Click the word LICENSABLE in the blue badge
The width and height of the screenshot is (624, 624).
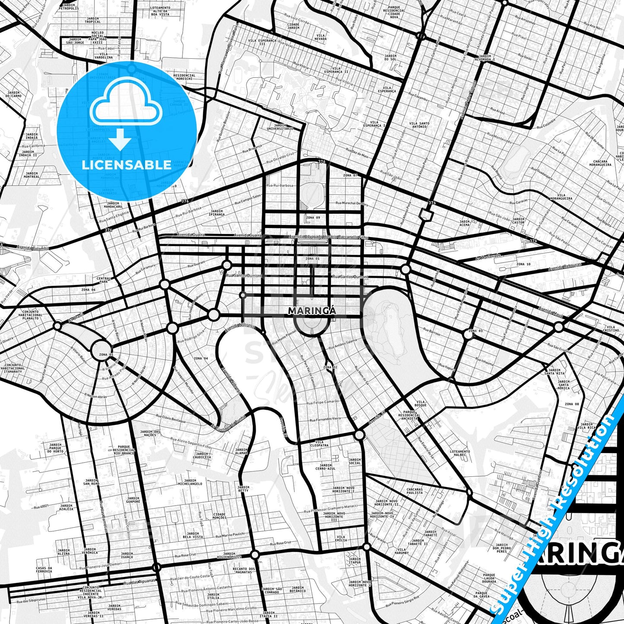(x=127, y=165)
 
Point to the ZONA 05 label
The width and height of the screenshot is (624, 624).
(x=106, y=355)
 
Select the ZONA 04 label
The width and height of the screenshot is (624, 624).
(x=200, y=358)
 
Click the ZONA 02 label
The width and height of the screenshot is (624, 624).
(x=330, y=367)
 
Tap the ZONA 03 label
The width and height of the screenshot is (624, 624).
(x=475, y=331)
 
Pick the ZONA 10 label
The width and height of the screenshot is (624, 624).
(x=523, y=264)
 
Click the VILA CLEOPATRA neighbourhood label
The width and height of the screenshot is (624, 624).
(x=319, y=444)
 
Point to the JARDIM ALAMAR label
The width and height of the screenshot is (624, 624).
(x=242, y=451)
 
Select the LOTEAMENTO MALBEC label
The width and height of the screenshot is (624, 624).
(x=460, y=453)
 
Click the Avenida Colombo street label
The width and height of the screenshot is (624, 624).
(x=33, y=248)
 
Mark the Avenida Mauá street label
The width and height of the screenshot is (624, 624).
(x=550, y=310)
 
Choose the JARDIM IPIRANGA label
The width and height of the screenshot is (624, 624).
(x=216, y=213)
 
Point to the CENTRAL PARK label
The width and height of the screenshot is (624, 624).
(x=104, y=280)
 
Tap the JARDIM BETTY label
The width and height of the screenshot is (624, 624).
(x=243, y=489)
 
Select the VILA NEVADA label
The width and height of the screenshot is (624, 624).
(x=320, y=37)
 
